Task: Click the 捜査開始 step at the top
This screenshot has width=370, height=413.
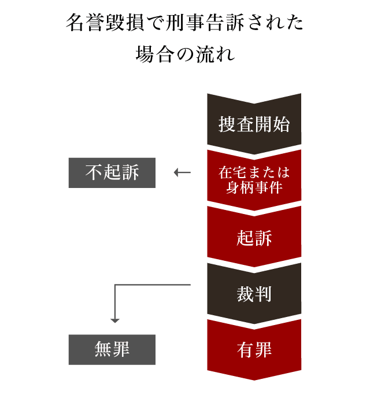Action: coord(254,124)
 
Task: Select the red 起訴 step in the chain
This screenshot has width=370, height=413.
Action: coord(254,237)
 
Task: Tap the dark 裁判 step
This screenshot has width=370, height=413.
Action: coord(254,294)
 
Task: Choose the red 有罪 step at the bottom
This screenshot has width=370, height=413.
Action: coord(254,350)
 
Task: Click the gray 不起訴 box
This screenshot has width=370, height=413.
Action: coord(112,172)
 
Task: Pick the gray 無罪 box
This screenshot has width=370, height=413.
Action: coord(112,349)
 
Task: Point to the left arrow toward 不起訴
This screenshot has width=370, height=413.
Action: coord(182,172)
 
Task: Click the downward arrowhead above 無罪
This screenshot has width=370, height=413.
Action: coord(115,320)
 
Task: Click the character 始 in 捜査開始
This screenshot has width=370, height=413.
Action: coord(282,124)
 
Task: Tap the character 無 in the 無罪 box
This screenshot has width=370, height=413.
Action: coord(103,349)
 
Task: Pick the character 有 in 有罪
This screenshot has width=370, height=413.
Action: coord(246,350)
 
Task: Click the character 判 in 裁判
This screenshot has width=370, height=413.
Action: coord(264,294)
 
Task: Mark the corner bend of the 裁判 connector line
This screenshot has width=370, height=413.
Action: coord(115,285)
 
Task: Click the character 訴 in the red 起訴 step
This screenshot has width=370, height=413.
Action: coord(264,238)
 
